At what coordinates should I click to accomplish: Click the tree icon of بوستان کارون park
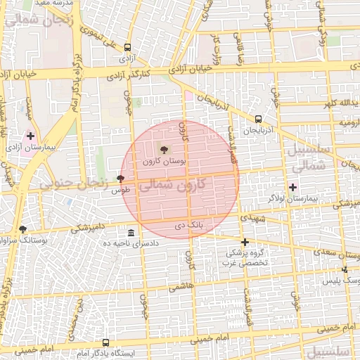(x=165, y=149)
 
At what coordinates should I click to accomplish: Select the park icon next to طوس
(x=120, y=179)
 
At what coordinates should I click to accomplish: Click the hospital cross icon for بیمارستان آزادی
(x=30, y=135)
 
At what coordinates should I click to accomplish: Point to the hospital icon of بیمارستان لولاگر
(x=293, y=186)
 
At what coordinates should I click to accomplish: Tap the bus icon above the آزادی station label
(x=127, y=48)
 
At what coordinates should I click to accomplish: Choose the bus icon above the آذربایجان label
(x=259, y=119)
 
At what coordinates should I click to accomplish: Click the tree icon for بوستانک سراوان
(x=22, y=229)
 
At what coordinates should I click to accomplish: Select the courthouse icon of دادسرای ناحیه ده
(x=131, y=232)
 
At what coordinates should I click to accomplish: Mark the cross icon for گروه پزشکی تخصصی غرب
(x=245, y=242)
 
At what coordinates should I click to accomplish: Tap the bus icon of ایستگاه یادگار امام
(x=105, y=342)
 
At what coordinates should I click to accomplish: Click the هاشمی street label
(x=181, y=286)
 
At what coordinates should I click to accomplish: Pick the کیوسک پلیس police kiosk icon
(x=344, y=270)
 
